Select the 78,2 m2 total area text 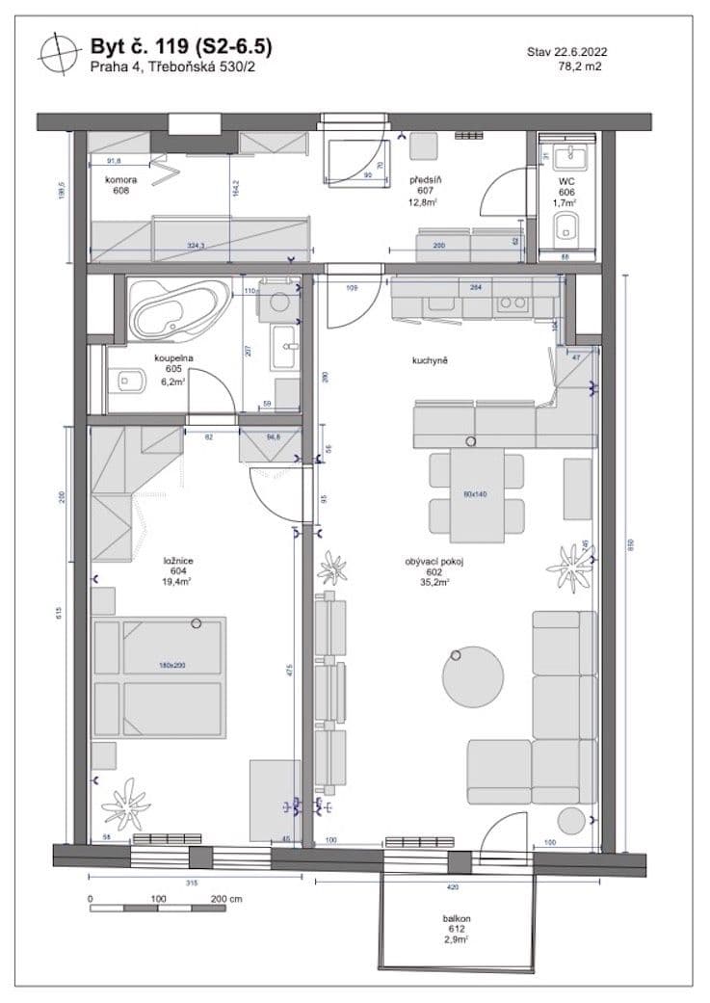(582, 67)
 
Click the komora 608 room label (120, 185)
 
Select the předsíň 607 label (425, 191)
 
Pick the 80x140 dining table (476, 495)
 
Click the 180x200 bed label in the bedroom (173, 666)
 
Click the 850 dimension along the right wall (631, 544)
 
